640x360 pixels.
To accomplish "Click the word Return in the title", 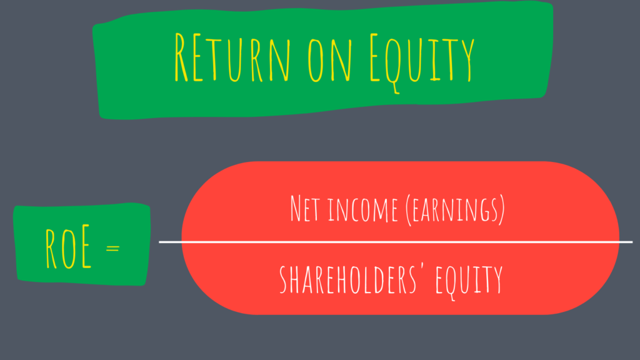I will pyautogui.click(x=232, y=58).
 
